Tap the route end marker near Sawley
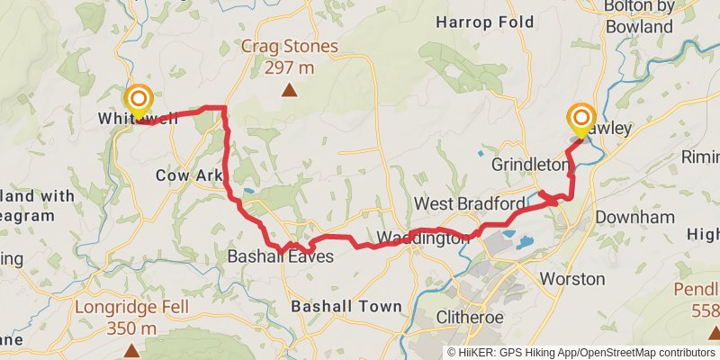pyautogui.click(x=580, y=118)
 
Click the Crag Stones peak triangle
pyautogui.click(x=289, y=89)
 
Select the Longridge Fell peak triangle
pyautogui.click(x=132, y=349)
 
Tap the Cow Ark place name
pyautogui.click(x=189, y=175)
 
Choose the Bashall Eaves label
pyautogui.click(x=280, y=256)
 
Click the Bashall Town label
pyautogui.click(x=346, y=307)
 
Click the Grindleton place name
pyautogui.click(x=531, y=165)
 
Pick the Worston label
pyautogui.click(x=566, y=279)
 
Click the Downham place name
pyautogui.click(x=635, y=218)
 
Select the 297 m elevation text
pyautogui.click(x=289, y=67)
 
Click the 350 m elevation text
pyautogui.click(x=131, y=328)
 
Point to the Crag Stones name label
pyautogui.click(x=289, y=46)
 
